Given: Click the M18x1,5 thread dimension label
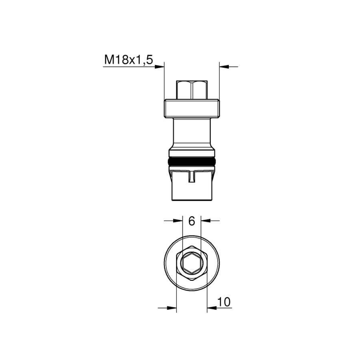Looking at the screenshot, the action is pos(128,60).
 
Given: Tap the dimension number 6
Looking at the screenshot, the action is pos(192,221).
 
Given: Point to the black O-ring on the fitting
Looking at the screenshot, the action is pos(192,162).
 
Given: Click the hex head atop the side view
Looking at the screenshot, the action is pos(192,90).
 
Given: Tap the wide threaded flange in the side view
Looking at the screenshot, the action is pos(192,108).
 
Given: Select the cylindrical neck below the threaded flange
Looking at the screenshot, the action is pos(192,133).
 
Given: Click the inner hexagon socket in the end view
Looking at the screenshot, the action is pos(192,263).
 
